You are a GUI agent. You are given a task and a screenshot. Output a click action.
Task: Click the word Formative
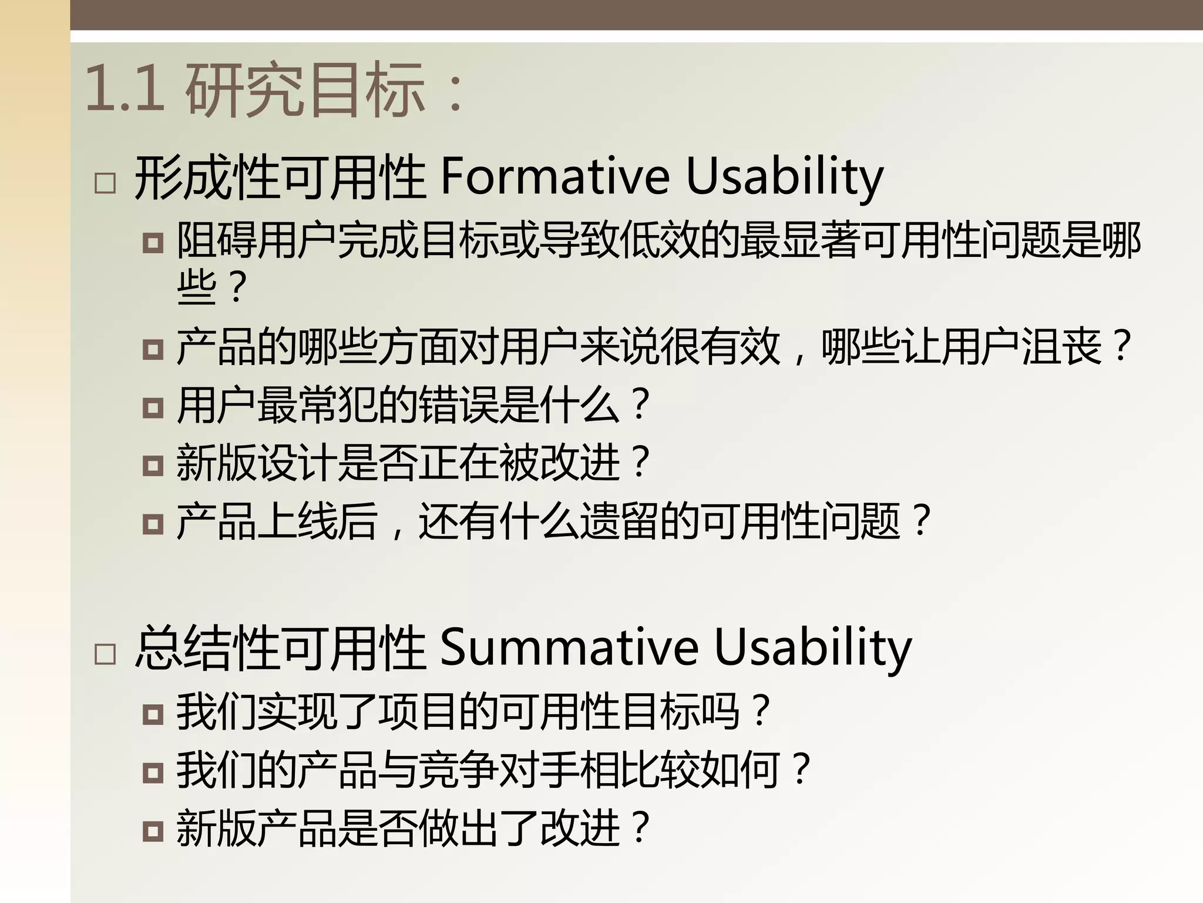coord(555,176)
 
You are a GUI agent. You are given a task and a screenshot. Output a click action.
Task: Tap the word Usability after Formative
coord(784,176)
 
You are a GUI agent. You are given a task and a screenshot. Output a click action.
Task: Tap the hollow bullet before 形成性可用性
coord(105,183)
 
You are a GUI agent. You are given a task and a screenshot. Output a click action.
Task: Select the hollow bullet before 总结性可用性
coord(105,654)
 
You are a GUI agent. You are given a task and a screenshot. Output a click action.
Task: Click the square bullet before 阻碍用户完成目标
coord(153,243)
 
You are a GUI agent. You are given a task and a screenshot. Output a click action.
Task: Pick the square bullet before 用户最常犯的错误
coord(153,407)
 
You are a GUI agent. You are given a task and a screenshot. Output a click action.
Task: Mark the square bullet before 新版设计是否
coord(153,466)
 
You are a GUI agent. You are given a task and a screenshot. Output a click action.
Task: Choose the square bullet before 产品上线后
coord(153,523)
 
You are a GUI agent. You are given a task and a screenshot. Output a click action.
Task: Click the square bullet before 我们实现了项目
coord(153,714)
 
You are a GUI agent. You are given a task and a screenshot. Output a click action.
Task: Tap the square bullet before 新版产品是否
coord(153,831)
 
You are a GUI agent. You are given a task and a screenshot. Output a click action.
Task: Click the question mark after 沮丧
coord(1122,347)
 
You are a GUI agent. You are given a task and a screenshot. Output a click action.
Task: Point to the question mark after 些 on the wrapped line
coord(237,288)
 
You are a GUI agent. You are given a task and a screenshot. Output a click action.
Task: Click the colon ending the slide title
coord(455,94)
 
